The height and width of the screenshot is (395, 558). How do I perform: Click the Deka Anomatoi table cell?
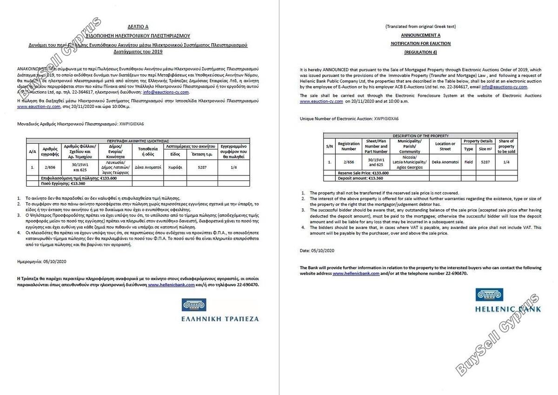click(445, 162)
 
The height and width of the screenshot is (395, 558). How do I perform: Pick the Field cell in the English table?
click(468, 162)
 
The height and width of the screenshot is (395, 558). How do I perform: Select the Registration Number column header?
click(349, 147)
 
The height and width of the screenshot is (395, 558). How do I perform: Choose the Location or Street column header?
click(445, 147)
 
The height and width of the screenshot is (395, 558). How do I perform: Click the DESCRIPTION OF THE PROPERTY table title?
click(420, 136)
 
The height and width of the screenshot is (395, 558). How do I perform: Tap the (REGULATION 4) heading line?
click(420, 52)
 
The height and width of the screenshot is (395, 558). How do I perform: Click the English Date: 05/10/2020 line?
click(317, 251)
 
